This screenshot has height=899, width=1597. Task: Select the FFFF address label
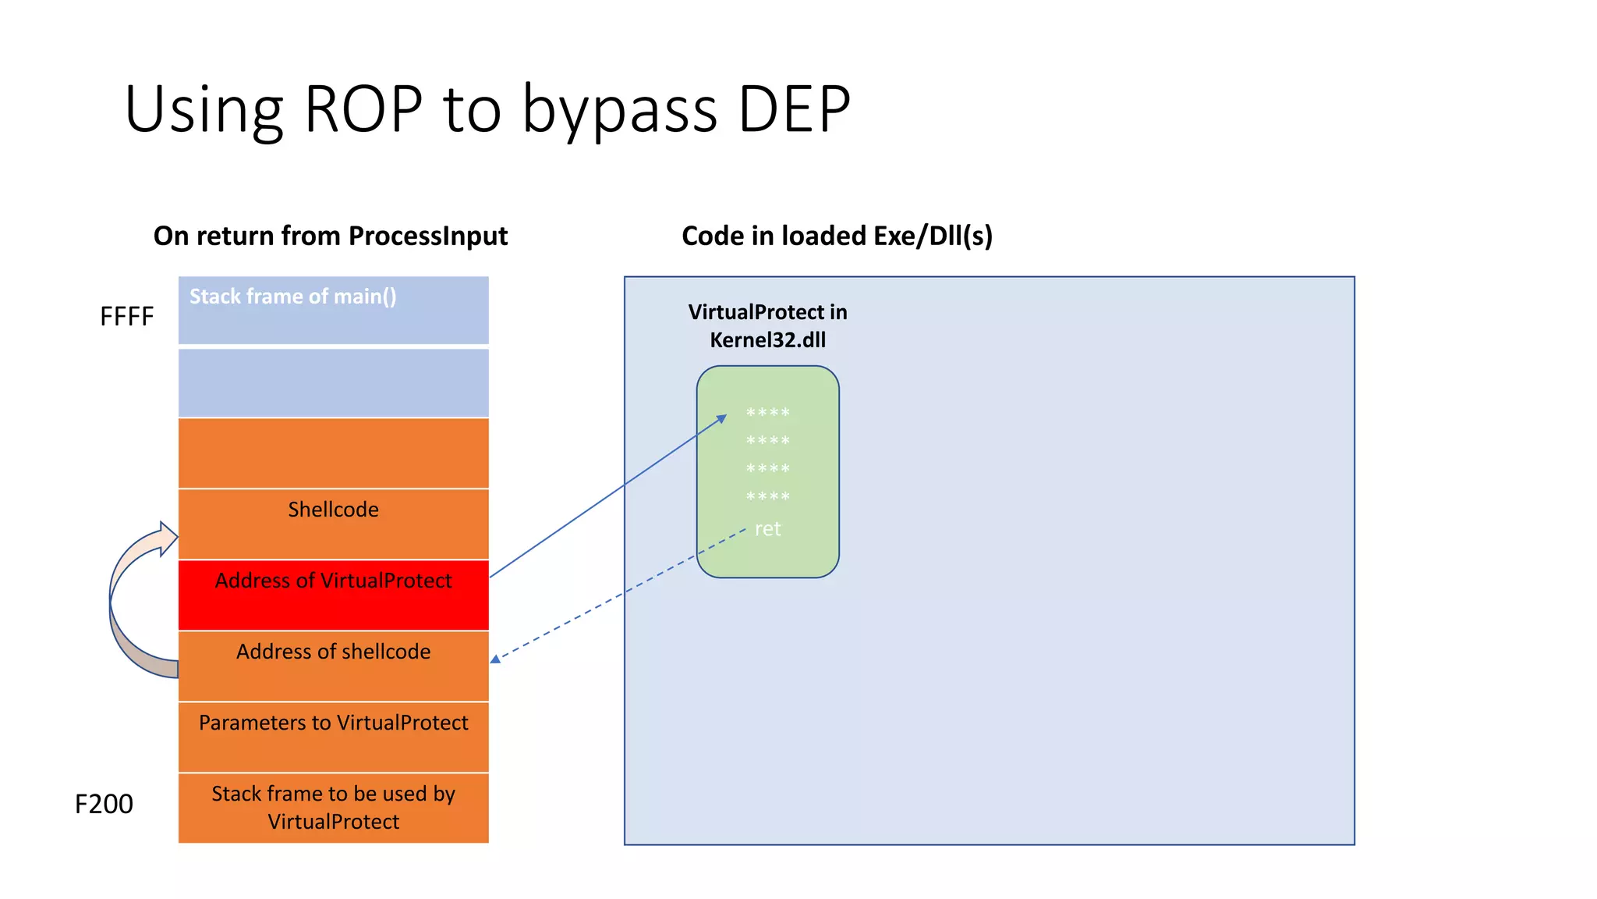click(x=126, y=317)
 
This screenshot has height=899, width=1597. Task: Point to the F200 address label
click(x=104, y=804)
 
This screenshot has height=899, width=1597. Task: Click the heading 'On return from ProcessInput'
click(x=330, y=236)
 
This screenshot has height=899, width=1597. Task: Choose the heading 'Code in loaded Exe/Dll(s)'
click(x=837, y=236)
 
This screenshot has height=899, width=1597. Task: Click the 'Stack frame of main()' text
click(x=292, y=297)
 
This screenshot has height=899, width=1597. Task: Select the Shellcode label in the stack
click(x=333, y=510)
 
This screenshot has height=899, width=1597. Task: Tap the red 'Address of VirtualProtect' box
click(x=333, y=595)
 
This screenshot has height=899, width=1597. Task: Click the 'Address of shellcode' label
click(x=333, y=652)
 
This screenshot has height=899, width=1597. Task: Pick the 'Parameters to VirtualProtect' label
click(x=333, y=723)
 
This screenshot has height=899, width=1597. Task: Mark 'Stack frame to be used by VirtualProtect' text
click(x=333, y=808)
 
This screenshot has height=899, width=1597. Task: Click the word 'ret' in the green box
click(x=767, y=529)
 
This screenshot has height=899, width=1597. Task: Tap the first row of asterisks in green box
click(x=767, y=413)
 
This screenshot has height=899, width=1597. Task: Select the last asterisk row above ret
click(x=767, y=497)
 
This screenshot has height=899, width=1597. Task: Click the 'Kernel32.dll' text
click(x=767, y=340)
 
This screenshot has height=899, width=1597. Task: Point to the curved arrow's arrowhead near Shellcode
click(x=168, y=538)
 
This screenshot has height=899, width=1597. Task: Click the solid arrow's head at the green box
click(x=722, y=419)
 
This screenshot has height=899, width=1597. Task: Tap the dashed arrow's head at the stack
click(x=496, y=659)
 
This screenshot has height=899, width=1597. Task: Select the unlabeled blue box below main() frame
click(x=333, y=382)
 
